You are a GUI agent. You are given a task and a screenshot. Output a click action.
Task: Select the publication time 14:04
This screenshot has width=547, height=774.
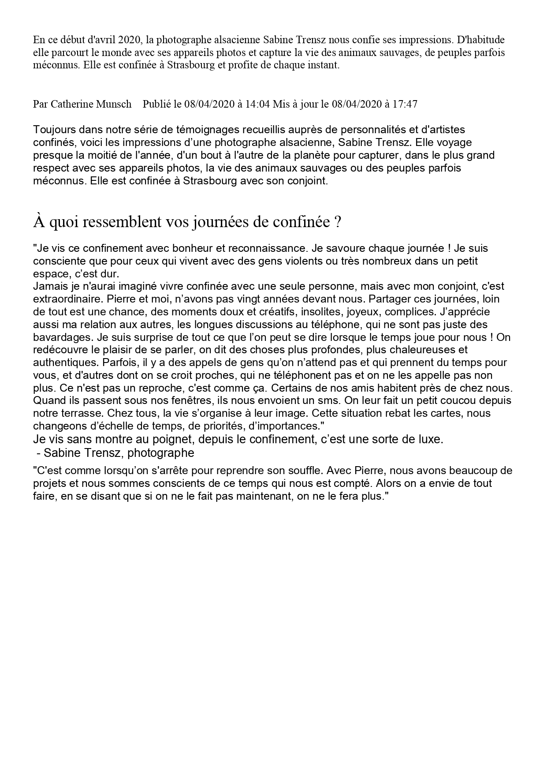pos(257,104)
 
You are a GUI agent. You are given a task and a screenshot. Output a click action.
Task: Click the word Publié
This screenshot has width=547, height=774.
pos(156,104)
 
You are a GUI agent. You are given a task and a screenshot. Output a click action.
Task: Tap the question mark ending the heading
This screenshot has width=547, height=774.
pos(338,222)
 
